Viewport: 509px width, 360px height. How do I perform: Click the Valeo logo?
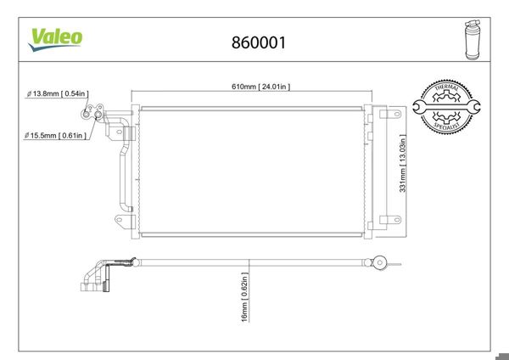[55, 40]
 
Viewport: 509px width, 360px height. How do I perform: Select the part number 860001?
[259, 42]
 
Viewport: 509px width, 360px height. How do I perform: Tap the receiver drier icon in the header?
[473, 40]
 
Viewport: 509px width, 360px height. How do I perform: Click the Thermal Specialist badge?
[446, 107]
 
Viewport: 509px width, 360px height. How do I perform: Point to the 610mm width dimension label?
[260, 87]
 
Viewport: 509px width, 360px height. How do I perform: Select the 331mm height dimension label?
[402, 163]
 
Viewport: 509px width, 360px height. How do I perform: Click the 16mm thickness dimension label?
[245, 297]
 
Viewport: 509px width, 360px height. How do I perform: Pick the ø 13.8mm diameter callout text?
[58, 93]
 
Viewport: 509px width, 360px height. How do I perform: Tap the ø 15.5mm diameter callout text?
[55, 135]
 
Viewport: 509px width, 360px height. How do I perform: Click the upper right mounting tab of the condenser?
[390, 114]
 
